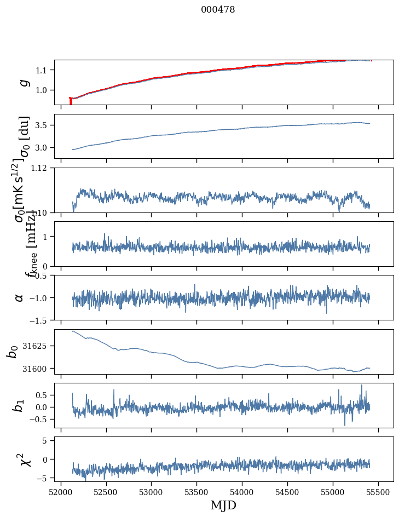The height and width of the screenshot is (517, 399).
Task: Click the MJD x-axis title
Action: click(x=223, y=505)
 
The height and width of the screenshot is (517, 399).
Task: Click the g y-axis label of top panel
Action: click(x=23, y=82)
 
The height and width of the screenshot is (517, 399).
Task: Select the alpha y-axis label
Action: click(x=19, y=297)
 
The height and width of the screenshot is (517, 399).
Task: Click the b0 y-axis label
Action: click(x=13, y=351)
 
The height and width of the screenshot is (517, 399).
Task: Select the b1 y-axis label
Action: click(x=19, y=405)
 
